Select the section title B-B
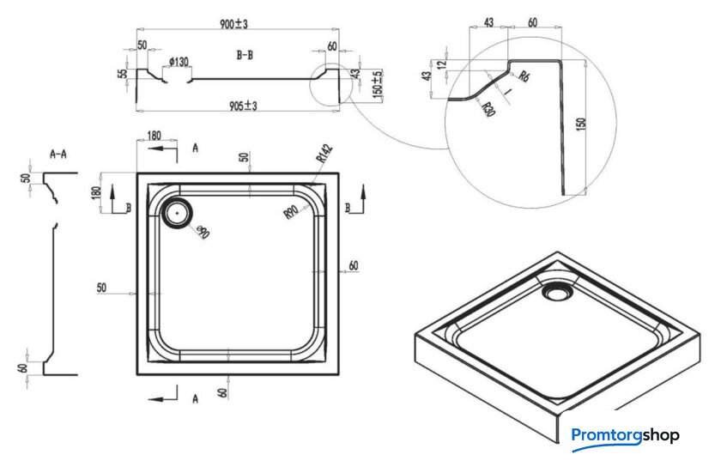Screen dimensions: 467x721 pos(245,54)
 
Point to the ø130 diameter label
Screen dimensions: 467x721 pos(179,62)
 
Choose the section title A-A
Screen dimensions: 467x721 pos(58,155)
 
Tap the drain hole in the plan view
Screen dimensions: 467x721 pos(179,210)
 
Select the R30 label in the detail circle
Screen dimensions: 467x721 pos(487,109)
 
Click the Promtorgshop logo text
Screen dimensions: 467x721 pos(624,435)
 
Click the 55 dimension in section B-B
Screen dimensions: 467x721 pos(122,74)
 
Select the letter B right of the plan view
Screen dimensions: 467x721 pos(348,208)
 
